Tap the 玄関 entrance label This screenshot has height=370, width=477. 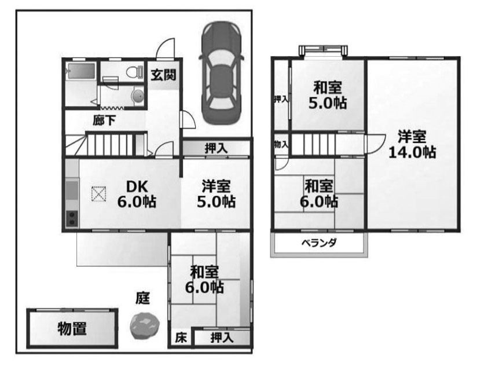pyautogui.click(x=164, y=75)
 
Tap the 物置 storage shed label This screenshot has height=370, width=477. pyautogui.click(x=72, y=328)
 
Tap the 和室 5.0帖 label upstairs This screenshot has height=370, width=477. pyautogui.click(x=328, y=96)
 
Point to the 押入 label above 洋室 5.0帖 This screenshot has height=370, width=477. pyautogui.click(x=217, y=148)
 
